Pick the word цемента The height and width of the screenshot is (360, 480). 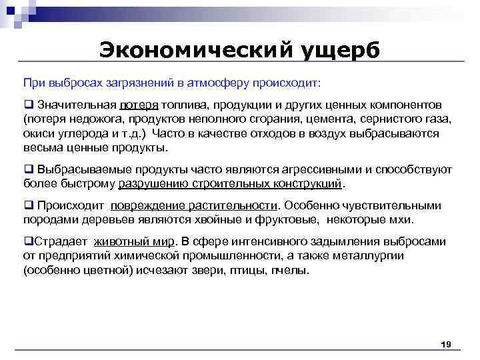[x=333, y=119]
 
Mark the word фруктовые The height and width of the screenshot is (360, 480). [x=281, y=219]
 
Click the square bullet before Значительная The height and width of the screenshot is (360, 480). [x=29, y=105]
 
